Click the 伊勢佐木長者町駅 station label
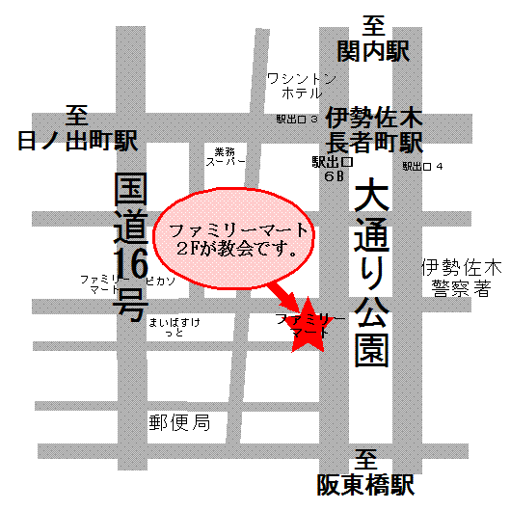[374, 131]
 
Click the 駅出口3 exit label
[297, 120]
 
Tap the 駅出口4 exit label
[423, 167]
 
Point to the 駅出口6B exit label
[328, 170]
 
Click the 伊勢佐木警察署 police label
[454, 278]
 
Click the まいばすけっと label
[174, 326]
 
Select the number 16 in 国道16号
[127, 261]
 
